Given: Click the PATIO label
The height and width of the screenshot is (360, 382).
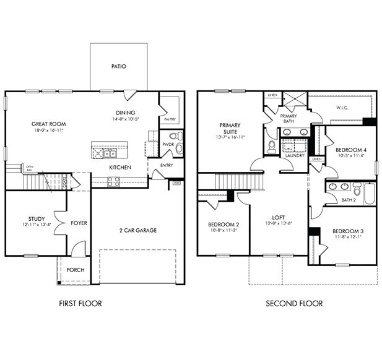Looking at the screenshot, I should pos(119,66).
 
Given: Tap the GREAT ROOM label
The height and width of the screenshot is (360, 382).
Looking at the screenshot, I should pos(48,124).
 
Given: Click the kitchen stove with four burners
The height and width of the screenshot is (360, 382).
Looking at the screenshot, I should pos(115,181).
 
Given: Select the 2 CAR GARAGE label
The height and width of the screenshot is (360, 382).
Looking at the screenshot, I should pos(137,231).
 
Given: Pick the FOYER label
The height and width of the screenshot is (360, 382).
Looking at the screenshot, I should pos(78,223).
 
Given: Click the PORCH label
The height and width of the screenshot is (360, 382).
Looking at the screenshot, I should pos(75,270).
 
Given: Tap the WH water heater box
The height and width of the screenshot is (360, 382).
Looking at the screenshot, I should pos(176,182).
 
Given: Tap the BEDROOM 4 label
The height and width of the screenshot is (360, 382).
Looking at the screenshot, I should pos(346,150).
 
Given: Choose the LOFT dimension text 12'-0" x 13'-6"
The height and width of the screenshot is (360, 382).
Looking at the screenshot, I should pos(277,224).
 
